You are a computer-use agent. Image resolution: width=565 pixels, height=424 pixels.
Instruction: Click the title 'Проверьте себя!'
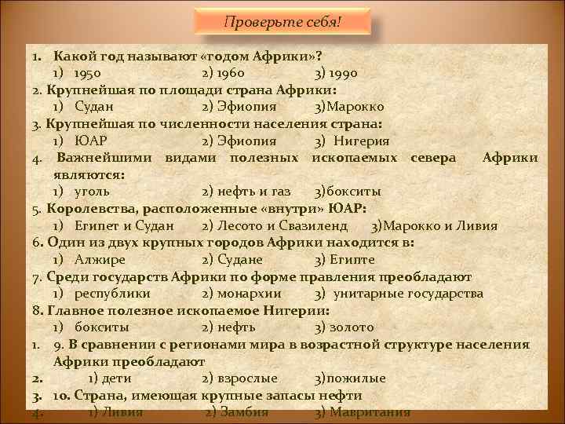click(x=283, y=22)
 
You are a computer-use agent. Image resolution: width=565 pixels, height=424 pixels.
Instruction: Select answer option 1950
click(x=92, y=73)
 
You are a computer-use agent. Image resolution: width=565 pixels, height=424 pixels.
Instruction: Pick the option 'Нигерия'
click(x=361, y=141)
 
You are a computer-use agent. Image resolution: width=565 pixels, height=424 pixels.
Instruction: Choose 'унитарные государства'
click(x=408, y=293)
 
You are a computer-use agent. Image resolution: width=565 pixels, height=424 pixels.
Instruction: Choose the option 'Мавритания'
click(x=370, y=412)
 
